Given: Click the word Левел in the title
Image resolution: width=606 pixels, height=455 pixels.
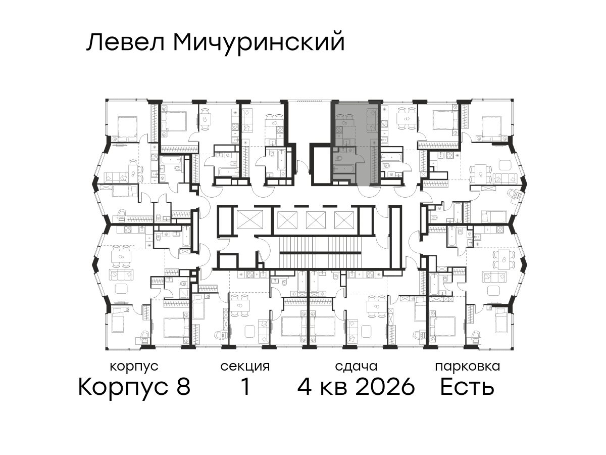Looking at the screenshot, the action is [126, 42].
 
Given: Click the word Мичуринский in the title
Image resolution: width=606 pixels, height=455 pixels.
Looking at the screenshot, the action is [259, 43].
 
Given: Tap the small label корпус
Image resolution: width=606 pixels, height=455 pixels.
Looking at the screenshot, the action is [134, 367].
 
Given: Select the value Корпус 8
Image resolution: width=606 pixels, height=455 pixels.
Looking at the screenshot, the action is [134, 387].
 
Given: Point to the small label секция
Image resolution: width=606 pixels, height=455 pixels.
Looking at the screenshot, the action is [245, 367].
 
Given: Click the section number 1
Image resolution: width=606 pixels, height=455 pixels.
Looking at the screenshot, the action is [245, 387].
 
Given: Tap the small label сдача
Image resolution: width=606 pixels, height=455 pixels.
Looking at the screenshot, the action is [356, 367].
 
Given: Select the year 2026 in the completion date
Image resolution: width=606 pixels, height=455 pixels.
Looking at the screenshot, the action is [385, 387].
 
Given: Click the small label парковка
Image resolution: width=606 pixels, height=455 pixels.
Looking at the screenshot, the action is [468, 367].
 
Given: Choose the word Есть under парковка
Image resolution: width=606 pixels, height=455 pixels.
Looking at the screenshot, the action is [467, 387].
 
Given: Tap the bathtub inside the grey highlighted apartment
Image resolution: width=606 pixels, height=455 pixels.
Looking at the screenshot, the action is [343, 169].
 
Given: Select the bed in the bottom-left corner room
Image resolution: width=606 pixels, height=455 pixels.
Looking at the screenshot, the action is [120, 320].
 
